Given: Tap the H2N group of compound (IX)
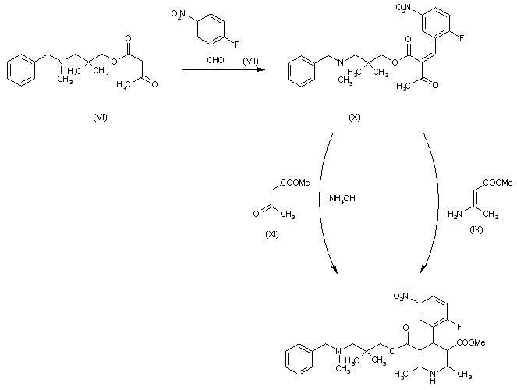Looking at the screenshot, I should pyautogui.click(x=453, y=213).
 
